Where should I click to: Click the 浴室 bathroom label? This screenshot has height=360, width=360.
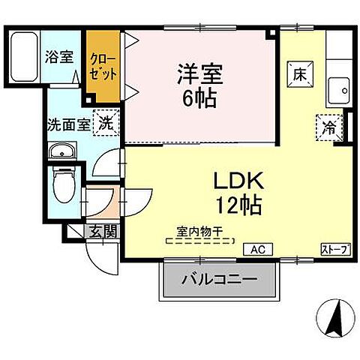(x=60, y=55)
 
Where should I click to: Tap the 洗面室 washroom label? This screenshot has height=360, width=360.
(x=68, y=124)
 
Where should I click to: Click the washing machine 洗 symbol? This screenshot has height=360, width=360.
(x=106, y=124)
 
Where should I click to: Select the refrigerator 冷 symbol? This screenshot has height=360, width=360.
(x=330, y=127)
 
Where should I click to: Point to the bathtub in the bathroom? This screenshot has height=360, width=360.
(x=28, y=57)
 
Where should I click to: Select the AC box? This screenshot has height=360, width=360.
(x=257, y=249)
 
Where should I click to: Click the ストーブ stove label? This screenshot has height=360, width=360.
(x=335, y=249)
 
